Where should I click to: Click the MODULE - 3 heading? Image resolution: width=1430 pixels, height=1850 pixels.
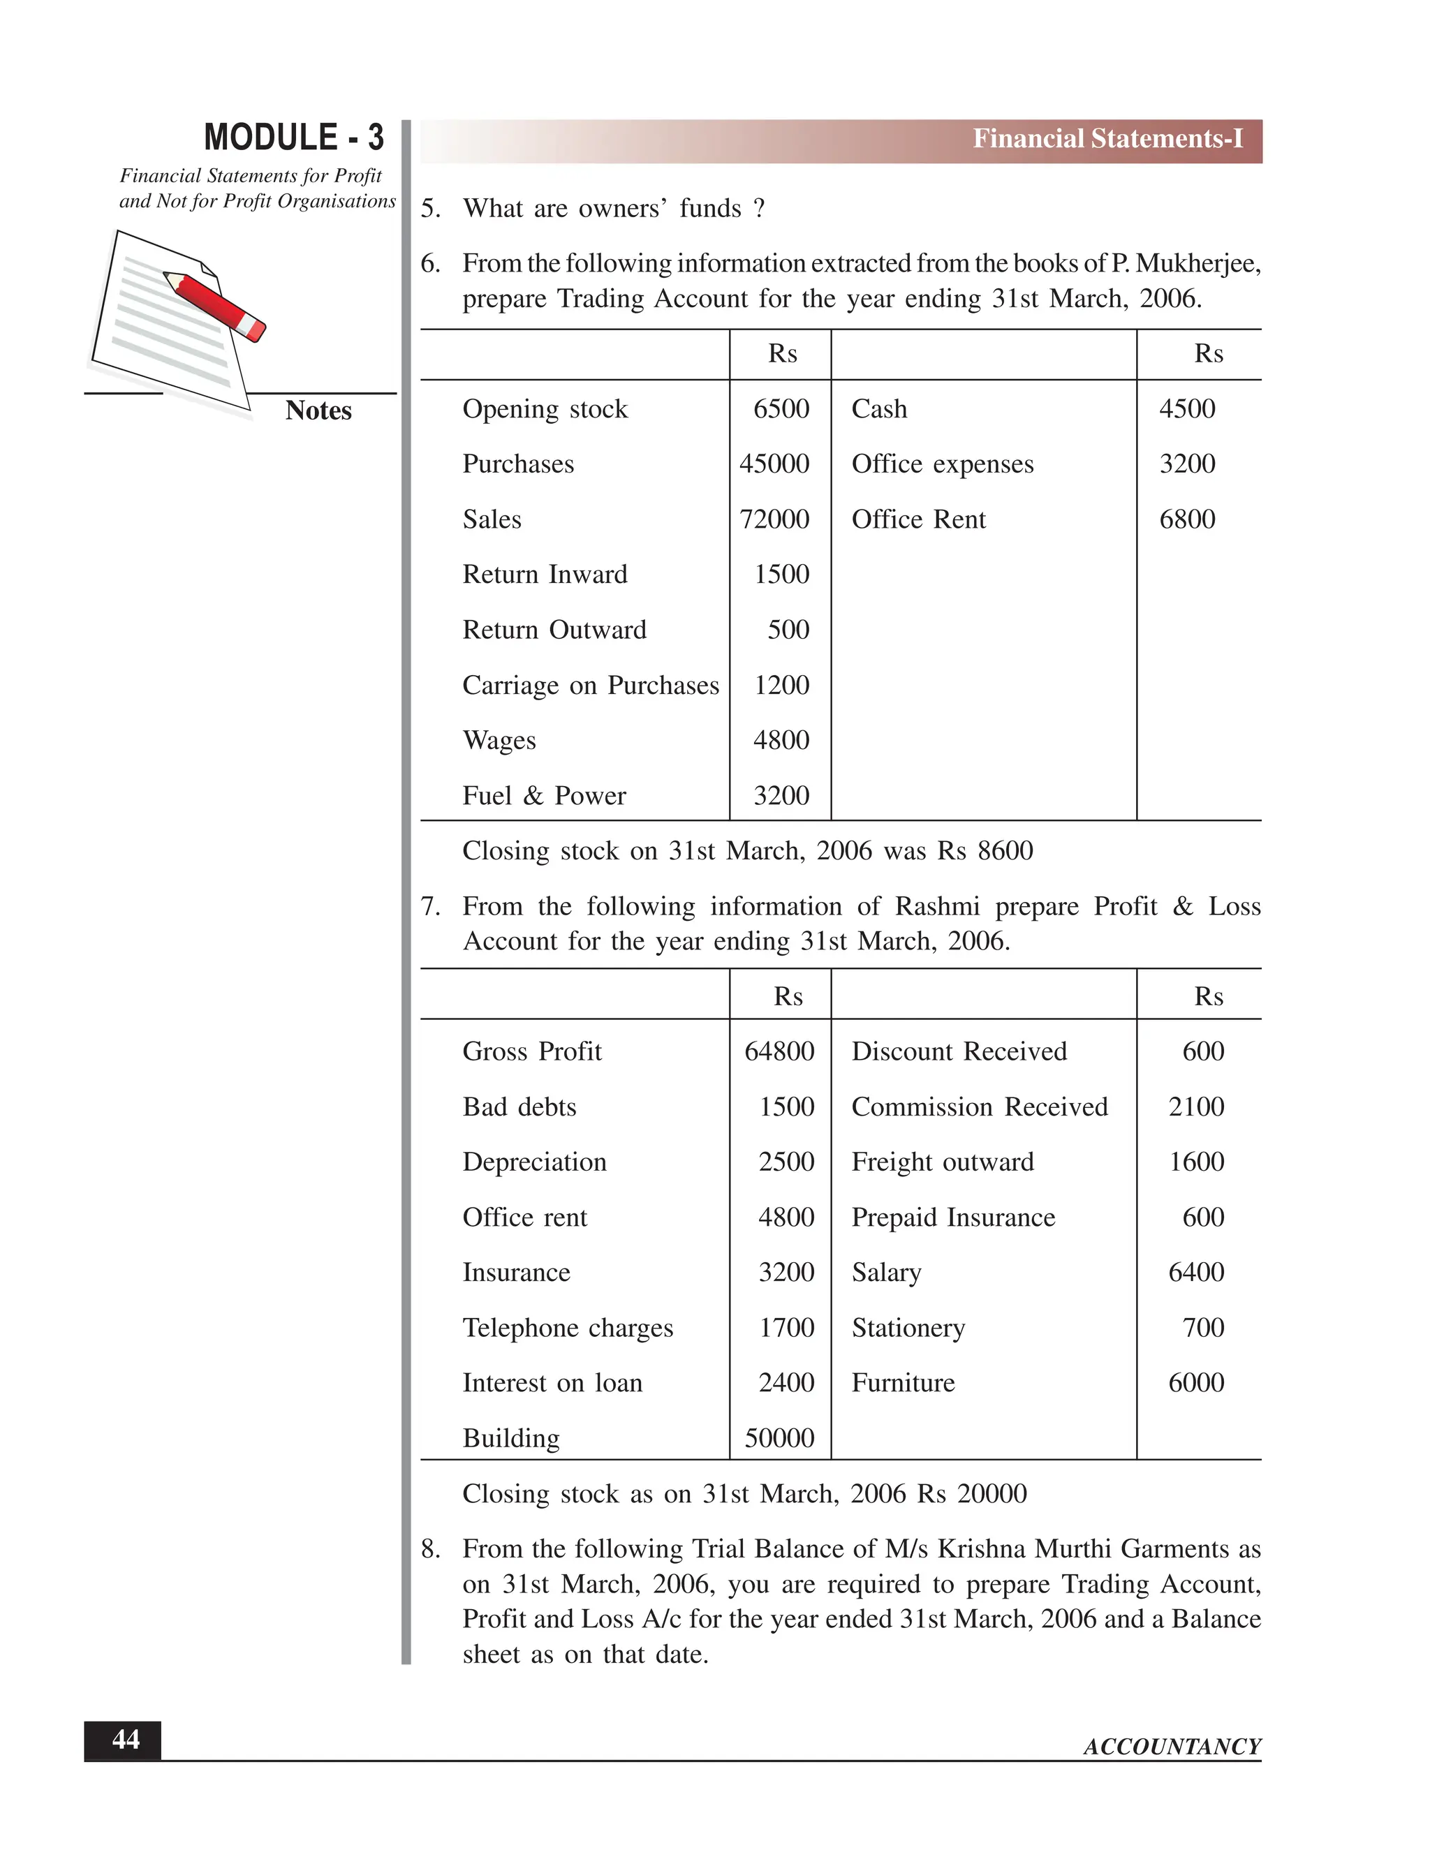coord(293,138)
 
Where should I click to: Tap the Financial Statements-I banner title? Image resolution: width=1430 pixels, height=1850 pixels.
coord(1107,139)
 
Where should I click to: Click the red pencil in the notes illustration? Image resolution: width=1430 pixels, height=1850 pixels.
coord(214,305)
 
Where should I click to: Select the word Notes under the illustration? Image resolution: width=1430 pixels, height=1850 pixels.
coord(318,410)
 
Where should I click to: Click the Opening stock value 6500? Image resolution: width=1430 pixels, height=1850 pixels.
coord(781,409)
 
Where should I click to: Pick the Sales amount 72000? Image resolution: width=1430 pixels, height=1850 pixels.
coord(774,519)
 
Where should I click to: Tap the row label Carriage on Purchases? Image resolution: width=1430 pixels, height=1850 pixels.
coord(591,686)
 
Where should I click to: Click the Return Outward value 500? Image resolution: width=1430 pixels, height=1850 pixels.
coord(788,630)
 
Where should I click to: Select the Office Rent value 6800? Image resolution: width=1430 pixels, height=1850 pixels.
coord(1187,519)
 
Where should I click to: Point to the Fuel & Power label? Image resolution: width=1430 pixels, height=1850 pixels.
coord(544,795)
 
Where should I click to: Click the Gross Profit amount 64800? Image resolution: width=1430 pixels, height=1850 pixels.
coord(779,1051)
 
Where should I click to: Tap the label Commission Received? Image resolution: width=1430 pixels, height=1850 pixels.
coord(980,1107)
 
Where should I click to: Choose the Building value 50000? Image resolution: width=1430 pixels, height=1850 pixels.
coord(779,1438)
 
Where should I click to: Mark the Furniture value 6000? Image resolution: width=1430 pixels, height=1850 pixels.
coord(1195,1382)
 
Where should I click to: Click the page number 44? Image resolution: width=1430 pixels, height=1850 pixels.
coord(126,1740)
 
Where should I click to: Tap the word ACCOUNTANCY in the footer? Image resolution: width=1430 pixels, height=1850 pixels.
coord(1172,1747)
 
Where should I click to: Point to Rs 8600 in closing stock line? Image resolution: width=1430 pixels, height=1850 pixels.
coord(985,850)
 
